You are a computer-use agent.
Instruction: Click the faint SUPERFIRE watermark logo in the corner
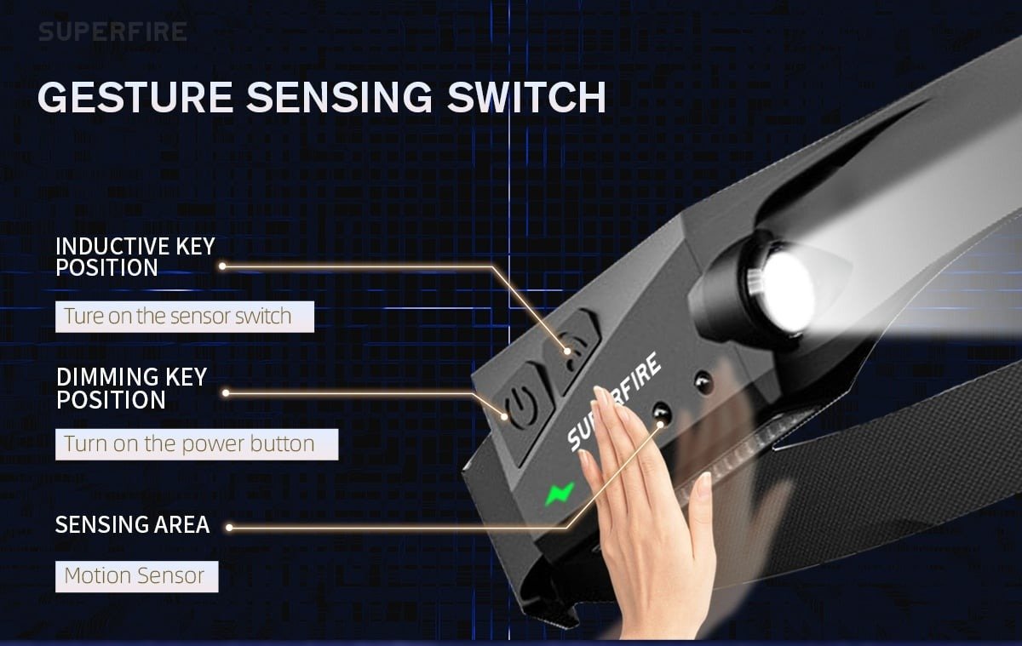(x=112, y=31)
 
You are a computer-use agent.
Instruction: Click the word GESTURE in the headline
(x=135, y=97)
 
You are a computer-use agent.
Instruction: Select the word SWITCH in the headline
(x=526, y=97)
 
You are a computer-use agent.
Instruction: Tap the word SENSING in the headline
(x=340, y=97)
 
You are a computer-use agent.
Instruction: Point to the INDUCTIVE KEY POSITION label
(x=135, y=257)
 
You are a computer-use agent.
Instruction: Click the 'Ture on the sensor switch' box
(x=185, y=317)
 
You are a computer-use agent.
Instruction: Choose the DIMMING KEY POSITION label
(x=131, y=388)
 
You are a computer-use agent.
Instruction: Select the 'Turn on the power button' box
(x=197, y=444)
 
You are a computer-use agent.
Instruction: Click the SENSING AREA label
(x=132, y=524)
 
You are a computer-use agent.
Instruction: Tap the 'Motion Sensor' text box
(x=137, y=576)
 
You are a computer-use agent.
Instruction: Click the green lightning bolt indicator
(x=560, y=494)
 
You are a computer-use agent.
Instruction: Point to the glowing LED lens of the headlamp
(x=784, y=292)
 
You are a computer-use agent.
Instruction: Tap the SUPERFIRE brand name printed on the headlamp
(x=614, y=402)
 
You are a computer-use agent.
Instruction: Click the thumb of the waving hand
(x=700, y=506)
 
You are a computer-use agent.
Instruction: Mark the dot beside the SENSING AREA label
(x=229, y=528)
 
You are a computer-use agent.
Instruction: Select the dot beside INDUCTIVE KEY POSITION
(x=222, y=266)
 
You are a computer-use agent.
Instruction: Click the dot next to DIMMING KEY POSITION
(x=226, y=393)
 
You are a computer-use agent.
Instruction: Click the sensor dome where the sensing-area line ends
(x=661, y=414)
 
